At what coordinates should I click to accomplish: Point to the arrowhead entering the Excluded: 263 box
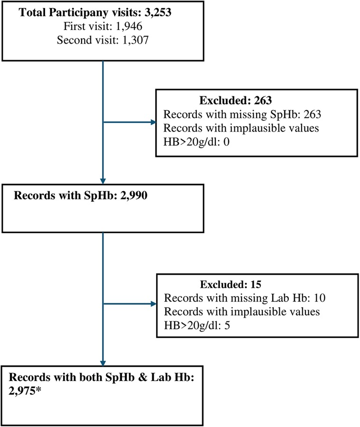pyautogui.click(x=153, y=122)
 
